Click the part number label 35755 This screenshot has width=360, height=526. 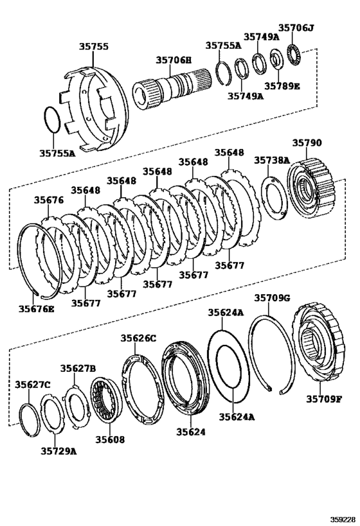(x=94, y=47)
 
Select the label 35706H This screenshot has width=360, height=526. (x=174, y=60)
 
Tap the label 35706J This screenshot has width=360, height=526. (x=296, y=27)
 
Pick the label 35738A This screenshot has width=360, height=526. (x=271, y=161)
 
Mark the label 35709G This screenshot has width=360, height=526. (x=272, y=298)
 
